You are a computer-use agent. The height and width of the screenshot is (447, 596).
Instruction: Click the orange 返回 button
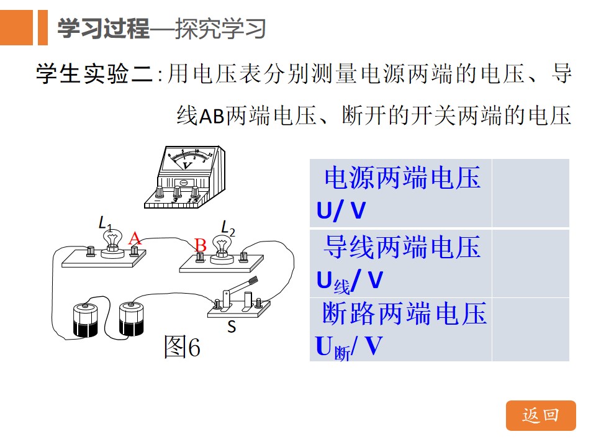coord(541,415)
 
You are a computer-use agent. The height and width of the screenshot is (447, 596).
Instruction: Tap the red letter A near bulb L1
coord(135,238)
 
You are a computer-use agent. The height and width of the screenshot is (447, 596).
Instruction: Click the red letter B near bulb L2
coord(201,245)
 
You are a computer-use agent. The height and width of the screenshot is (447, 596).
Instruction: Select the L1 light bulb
coord(112,242)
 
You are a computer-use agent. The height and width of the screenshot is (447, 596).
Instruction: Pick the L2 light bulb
coord(222,248)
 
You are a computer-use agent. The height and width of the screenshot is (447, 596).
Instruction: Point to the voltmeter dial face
coord(187,160)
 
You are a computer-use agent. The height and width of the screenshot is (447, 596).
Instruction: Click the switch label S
coord(232,327)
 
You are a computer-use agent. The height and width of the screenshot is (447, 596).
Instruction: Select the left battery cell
coord(85,320)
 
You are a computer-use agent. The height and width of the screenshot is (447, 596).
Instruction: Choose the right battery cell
coord(132,318)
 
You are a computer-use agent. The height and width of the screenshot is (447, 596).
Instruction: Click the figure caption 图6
coord(182,346)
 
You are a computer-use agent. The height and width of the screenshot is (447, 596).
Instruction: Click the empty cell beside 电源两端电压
coord(531,193)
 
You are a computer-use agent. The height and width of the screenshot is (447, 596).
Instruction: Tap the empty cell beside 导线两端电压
coord(531,263)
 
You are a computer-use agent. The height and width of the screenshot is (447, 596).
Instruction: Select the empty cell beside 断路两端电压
coord(531,330)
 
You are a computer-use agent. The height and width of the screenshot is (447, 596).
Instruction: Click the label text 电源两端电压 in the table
coord(402,178)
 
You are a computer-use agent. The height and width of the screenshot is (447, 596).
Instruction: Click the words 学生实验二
coord(94,73)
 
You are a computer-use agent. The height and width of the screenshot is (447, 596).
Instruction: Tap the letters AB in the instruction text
coord(212,116)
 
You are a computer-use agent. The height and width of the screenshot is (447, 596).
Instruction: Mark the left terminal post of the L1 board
coord(91,251)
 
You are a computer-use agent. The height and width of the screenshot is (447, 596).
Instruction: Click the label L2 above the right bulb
coord(228,228)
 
